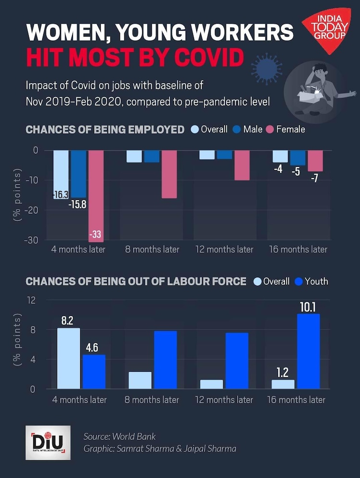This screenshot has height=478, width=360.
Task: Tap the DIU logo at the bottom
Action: point(48,442)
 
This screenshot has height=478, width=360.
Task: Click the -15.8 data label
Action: point(77,205)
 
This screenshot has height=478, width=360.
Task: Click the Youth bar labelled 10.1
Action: point(308,351)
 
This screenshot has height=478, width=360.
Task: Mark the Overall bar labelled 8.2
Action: point(69,358)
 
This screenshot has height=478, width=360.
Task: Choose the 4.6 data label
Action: point(94,347)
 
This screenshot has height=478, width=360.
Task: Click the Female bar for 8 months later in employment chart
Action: point(168,174)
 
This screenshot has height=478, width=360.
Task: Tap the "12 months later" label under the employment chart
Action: point(224,249)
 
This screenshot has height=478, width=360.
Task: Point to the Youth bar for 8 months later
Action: point(165,360)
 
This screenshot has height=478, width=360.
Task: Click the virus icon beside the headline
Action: point(267,68)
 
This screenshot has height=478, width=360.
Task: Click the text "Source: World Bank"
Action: point(120,437)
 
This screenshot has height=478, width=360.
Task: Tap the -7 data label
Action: point(314,178)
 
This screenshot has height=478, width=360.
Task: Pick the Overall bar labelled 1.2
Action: point(283,384)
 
